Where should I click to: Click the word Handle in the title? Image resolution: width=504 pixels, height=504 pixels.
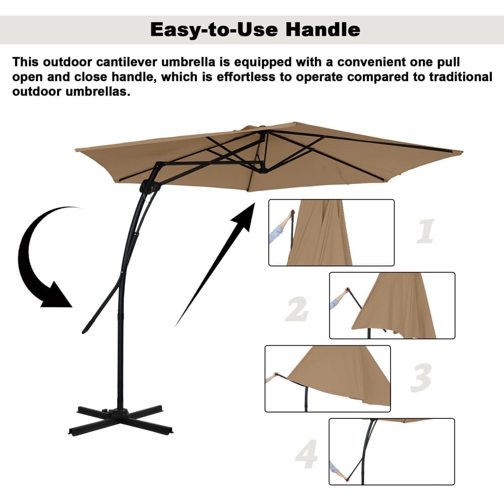tap(323, 30)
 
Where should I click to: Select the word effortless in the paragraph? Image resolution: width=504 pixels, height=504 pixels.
tap(246, 77)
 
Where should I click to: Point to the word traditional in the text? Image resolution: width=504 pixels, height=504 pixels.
tap(461, 77)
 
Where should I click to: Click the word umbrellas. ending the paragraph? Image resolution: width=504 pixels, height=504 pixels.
tap(98, 92)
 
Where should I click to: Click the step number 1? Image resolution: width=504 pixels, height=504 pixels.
tap(425, 231)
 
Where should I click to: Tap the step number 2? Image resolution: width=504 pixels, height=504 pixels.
tap(297, 309)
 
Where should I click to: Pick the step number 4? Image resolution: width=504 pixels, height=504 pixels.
tap(306, 454)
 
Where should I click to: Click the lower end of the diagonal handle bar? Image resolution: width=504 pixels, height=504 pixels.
tap(84, 332)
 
